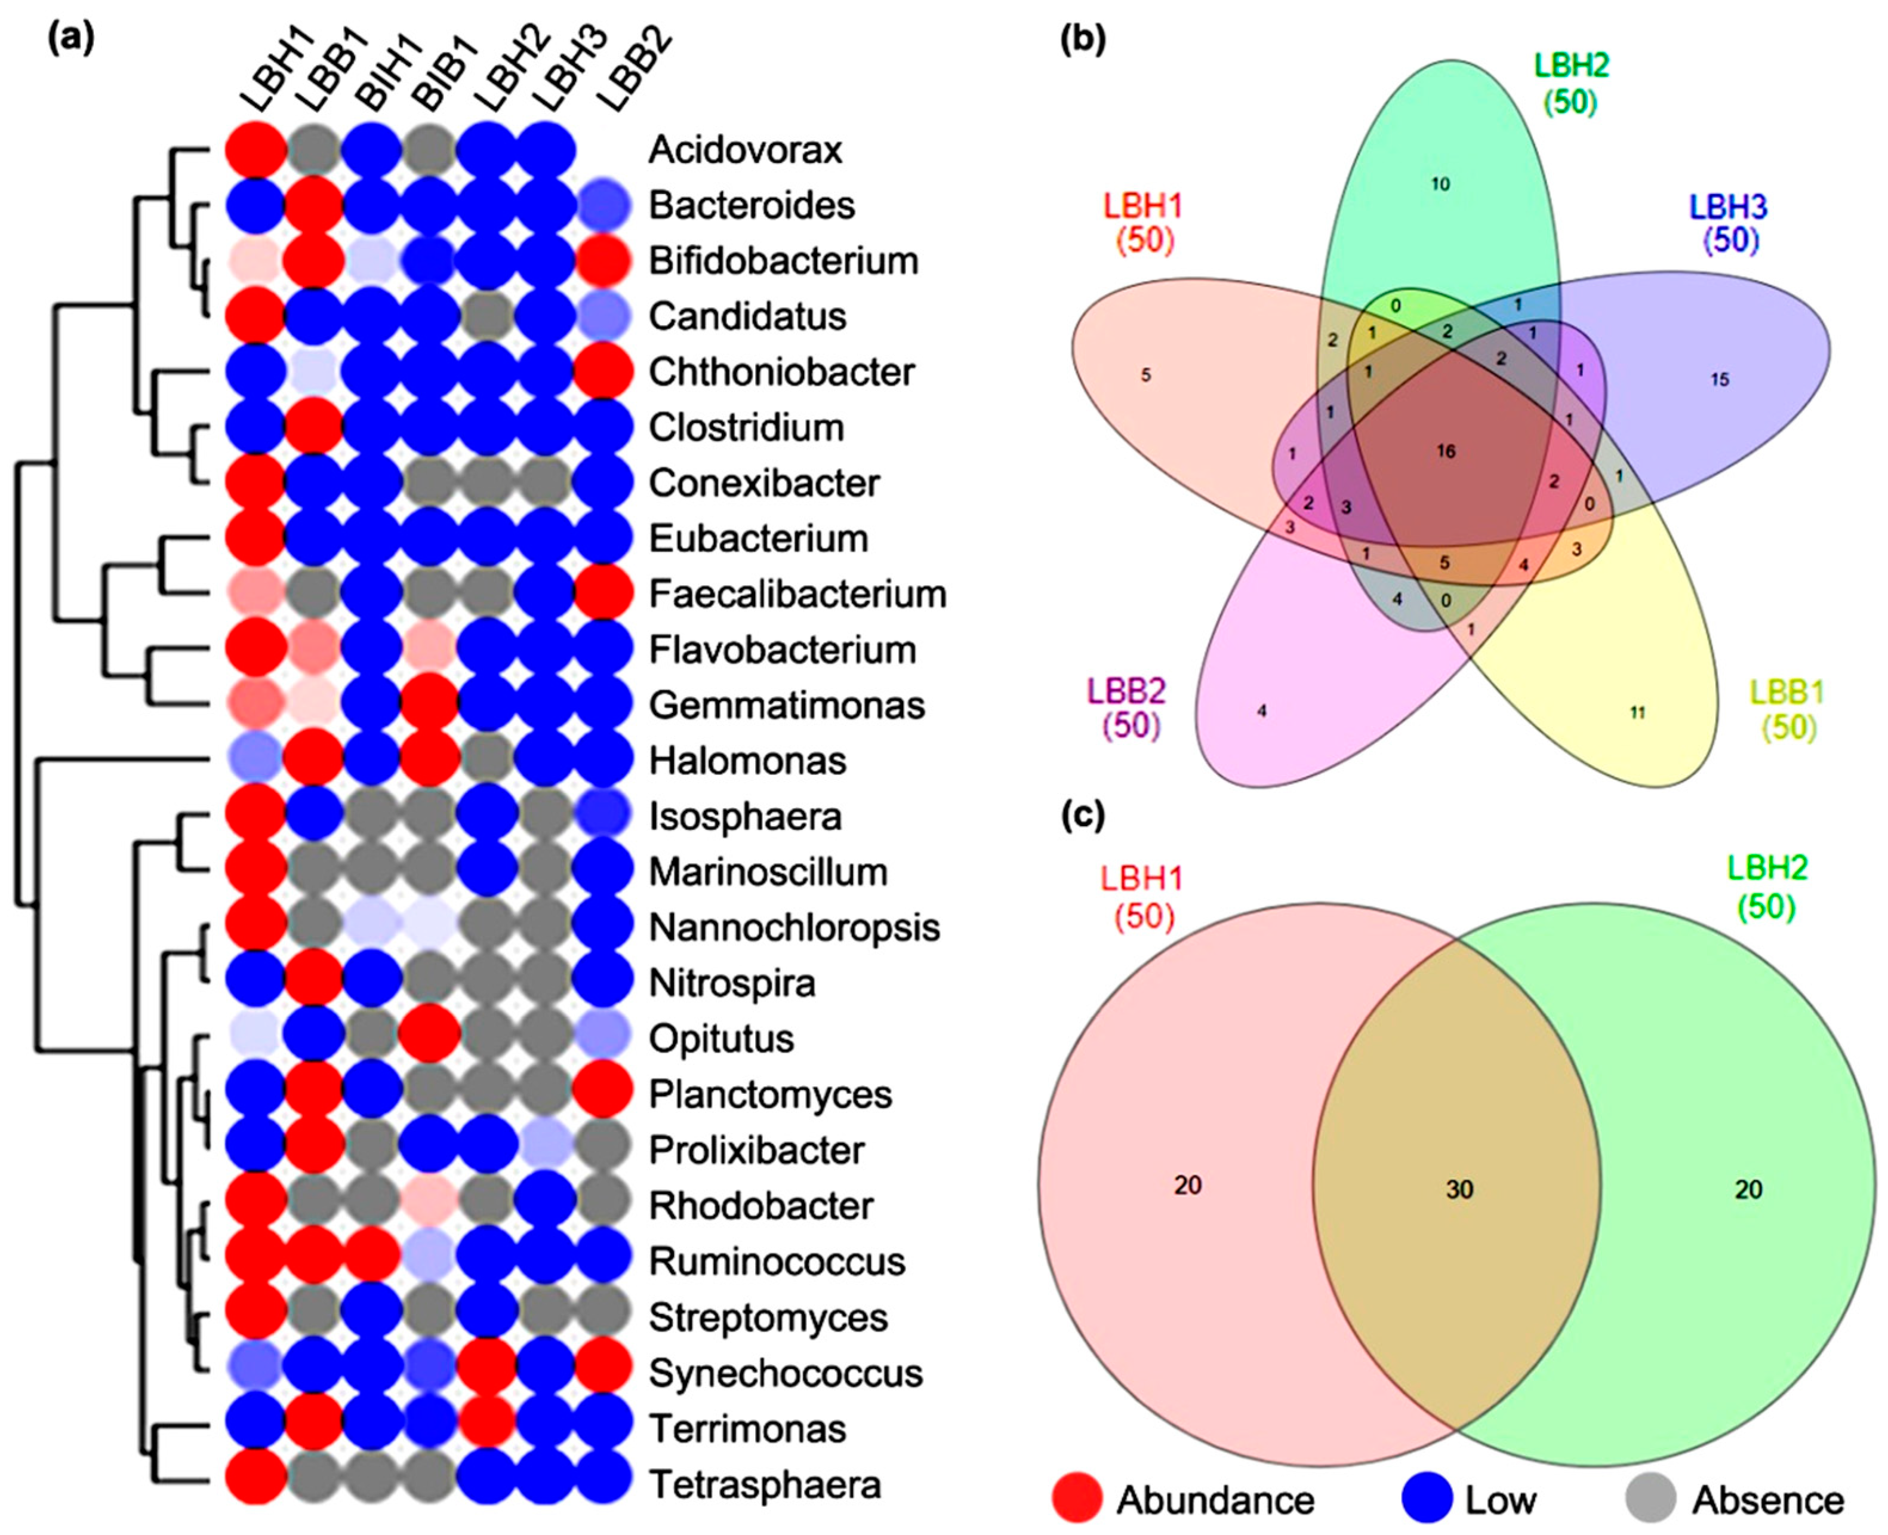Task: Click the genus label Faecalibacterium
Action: click(x=797, y=594)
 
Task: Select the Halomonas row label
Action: click(x=747, y=761)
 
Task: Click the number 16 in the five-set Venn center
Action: click(x=1445, y=452)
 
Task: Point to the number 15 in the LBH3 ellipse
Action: click(x=1719, y=380)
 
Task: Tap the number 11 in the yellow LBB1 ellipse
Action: click(x=1637, y=713)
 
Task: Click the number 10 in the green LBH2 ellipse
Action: click(x=1441, y=184)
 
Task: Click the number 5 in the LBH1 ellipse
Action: click(x=1145, y=376)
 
